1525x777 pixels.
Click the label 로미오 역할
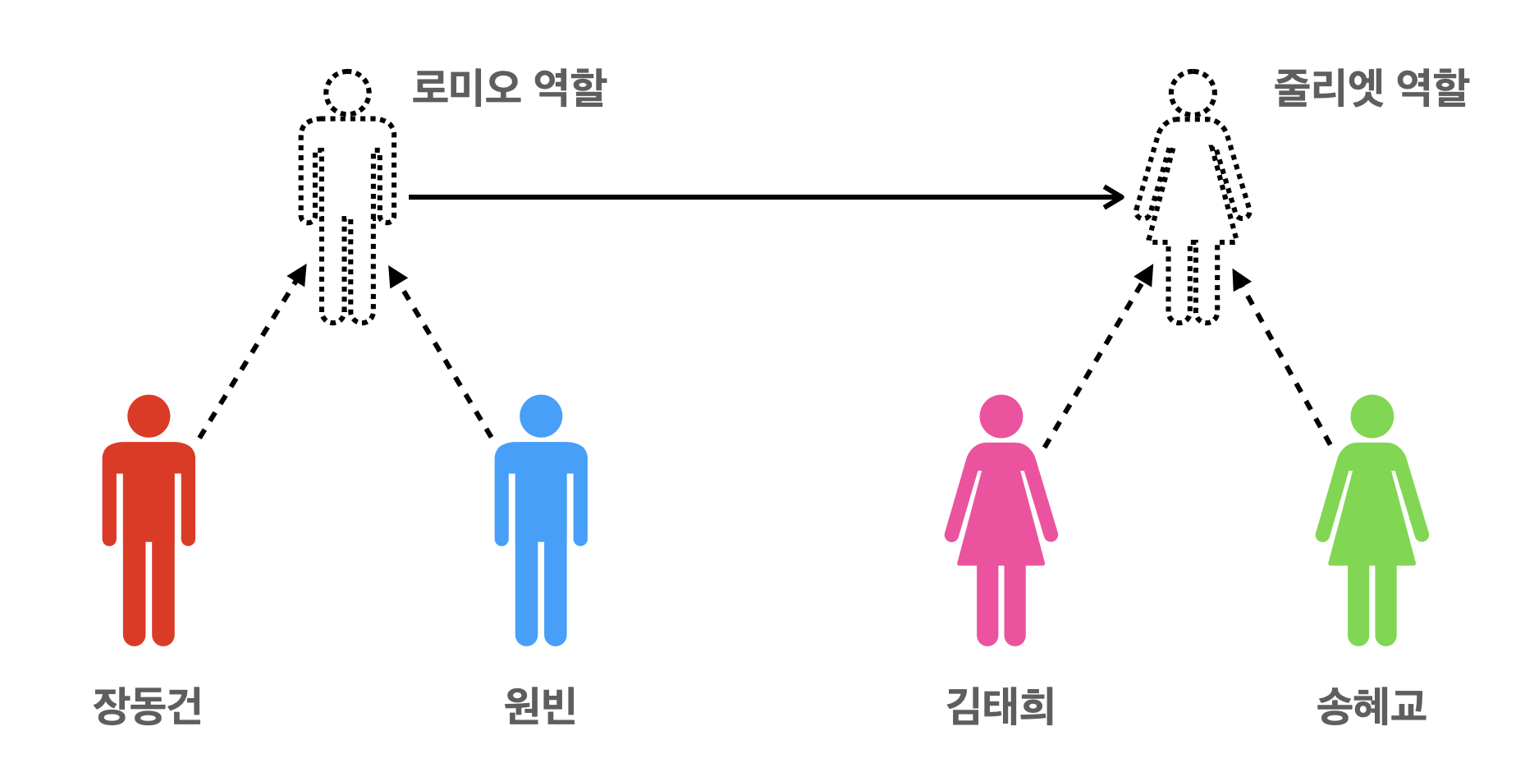508,88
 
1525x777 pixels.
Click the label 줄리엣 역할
1370,88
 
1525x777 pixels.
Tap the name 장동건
148,706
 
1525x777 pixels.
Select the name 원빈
540,706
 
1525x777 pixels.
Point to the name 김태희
1000,706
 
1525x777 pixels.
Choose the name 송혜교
1371,706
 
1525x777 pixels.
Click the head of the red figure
149,416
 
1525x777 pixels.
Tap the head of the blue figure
541,416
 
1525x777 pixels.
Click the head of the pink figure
1001,416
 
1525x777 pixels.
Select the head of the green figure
1372,416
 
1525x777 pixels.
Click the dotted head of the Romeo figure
347,92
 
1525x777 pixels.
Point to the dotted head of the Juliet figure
1193,92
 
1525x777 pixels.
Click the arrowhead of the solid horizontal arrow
1116,197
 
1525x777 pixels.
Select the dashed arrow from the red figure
251,353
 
